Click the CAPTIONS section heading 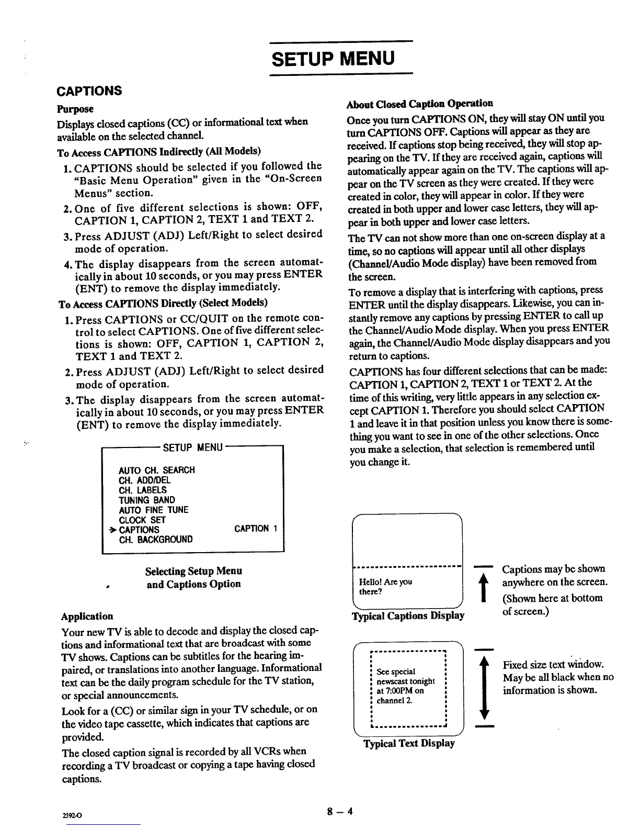tap(89, 91)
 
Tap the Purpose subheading tap(75, 109)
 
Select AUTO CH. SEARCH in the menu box tap(157, 470)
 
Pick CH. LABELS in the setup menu tap(143, 490)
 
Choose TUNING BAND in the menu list tap(147, 500)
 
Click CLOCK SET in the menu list tap(142, 520)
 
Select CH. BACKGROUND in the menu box tap(156, 539)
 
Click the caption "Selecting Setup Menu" tap(193, 571)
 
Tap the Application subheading tap(87, 617)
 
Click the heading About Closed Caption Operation tap(420, 103)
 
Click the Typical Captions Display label tap(409, 615)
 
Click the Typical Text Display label tap(409, 743)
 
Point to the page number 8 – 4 tap(340, 812)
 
